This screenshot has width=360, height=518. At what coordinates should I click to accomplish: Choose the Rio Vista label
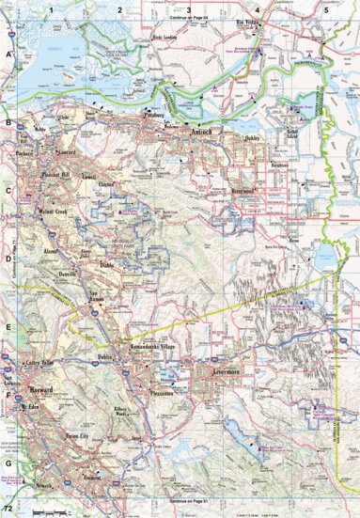click(247, 21)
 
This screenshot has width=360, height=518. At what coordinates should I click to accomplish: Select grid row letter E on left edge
click(8, 327)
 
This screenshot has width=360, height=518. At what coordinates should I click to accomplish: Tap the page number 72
click(8, 508)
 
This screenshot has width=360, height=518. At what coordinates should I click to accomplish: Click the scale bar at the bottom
click(46, 511)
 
